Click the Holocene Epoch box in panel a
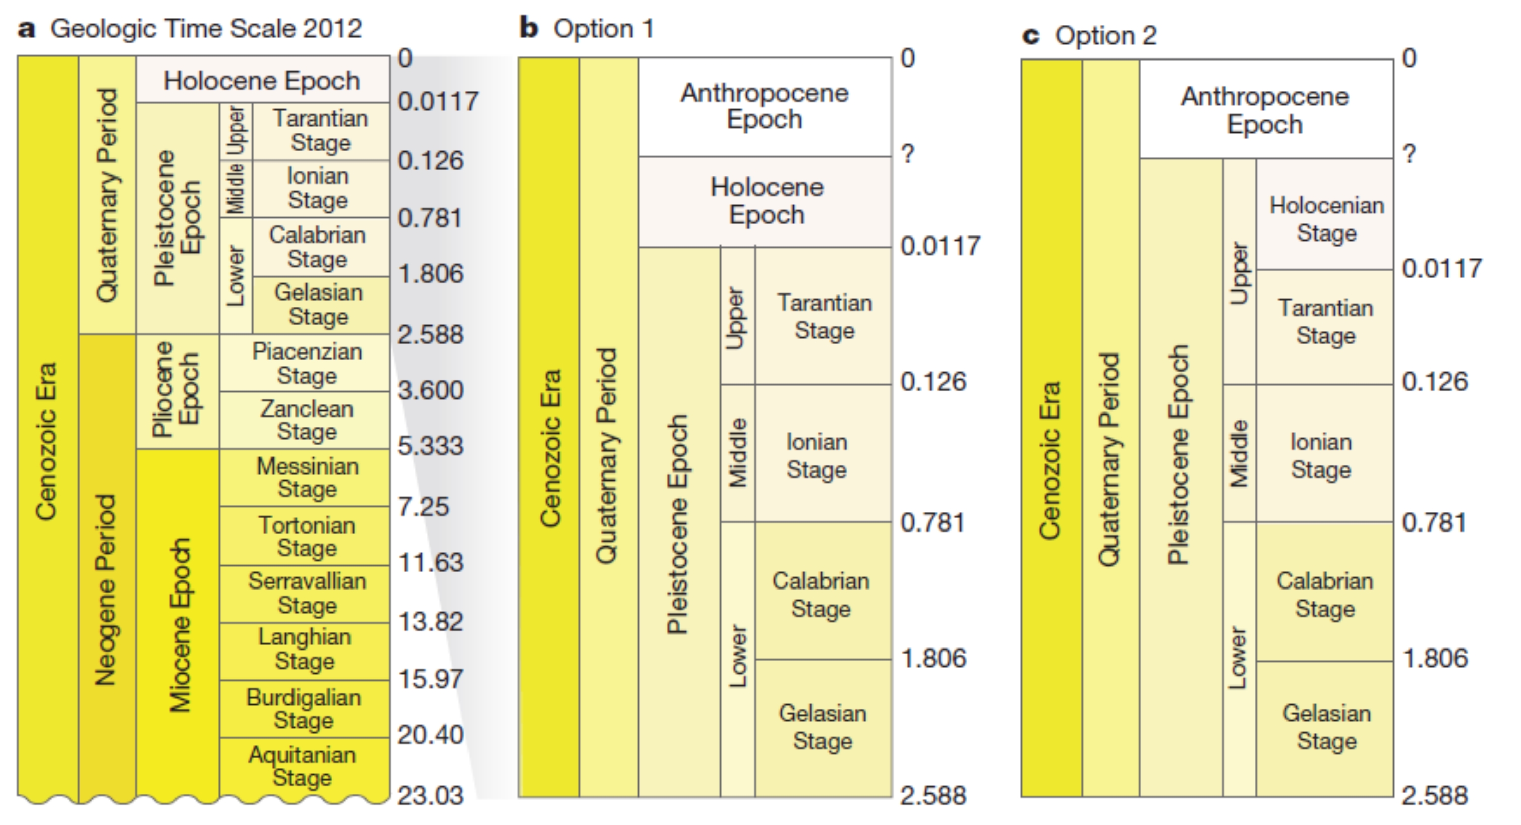point(262,80)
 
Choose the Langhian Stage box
point(305,650)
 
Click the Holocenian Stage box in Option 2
point(1326,218)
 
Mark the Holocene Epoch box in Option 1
point(766,201)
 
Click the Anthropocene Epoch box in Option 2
point(1265,110)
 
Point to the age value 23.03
point(430,795)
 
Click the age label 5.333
point(430,446)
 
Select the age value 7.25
point(423,507)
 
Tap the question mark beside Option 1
point(908,154)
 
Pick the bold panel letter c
point(1031,36)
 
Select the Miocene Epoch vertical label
point(180,625)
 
